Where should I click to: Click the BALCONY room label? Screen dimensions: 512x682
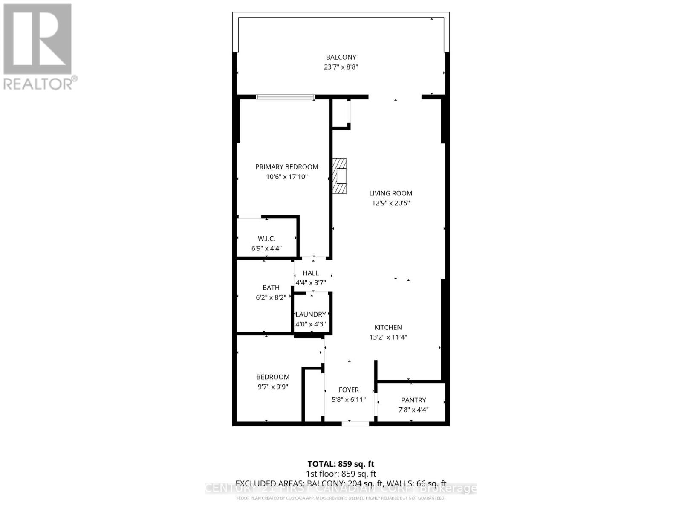341,57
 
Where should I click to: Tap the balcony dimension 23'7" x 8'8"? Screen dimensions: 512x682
341,67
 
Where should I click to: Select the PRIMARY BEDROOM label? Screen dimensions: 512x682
286,167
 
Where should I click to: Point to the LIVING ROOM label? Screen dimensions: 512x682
390,193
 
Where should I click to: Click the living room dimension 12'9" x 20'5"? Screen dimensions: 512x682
390,203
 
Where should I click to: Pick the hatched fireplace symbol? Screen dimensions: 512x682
340,176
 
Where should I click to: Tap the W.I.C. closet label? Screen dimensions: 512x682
266,239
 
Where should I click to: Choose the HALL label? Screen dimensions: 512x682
311,273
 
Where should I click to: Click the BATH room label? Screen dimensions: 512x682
271,288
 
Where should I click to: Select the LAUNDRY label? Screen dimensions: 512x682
311,314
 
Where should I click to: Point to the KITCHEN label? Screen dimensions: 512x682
388,327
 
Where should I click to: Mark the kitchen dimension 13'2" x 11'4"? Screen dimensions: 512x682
388,337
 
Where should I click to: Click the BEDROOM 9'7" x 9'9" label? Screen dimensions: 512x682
273,377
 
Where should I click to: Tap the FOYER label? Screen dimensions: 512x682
349,390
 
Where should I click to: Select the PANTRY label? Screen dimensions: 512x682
413,400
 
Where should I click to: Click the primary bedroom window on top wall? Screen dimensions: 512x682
286,97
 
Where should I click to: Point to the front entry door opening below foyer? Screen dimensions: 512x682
355,423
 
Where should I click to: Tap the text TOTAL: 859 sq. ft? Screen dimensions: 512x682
341,464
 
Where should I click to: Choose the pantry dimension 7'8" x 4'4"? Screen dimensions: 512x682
413,410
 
